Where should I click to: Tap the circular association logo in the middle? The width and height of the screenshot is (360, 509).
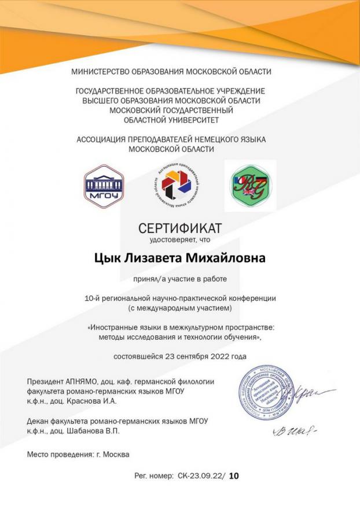[x=179, y=186]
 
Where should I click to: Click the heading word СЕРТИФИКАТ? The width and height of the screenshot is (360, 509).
[x=179, y=227]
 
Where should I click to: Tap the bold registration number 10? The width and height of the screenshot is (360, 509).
[x=234, y=476]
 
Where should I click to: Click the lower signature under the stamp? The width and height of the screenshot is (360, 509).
[x=293, y=430]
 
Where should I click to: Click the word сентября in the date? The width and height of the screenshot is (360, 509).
[x=189, y=356]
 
